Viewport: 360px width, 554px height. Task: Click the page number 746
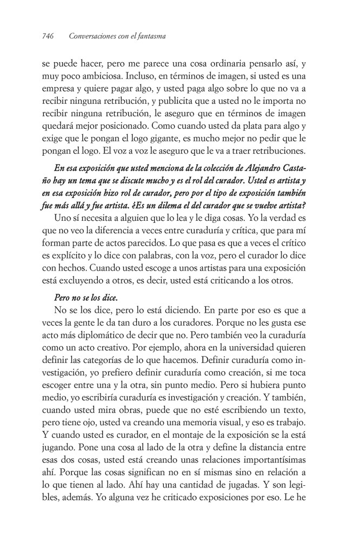pyautogui.click(x=48, y=36)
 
